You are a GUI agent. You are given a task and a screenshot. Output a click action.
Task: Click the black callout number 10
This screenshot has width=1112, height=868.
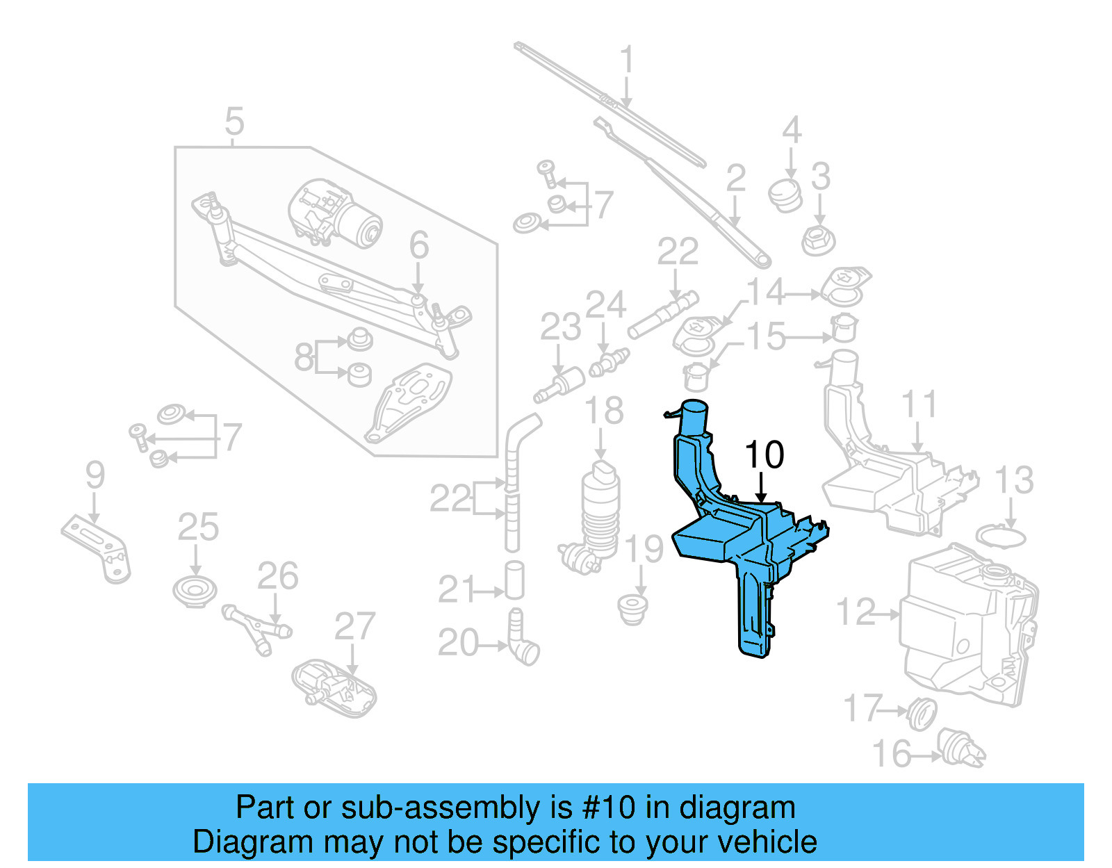click(764, 455)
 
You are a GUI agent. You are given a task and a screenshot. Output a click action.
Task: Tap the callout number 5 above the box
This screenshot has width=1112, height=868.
click(235, 122)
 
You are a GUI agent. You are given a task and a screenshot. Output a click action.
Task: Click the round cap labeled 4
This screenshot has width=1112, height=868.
click(785, 193)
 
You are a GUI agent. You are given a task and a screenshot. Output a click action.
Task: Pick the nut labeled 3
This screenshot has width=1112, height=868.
click(818, 240)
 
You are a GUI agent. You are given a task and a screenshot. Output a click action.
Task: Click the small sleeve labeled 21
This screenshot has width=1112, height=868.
click(514, 580)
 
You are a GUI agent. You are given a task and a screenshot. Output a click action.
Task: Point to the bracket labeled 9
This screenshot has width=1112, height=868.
click(97, 549)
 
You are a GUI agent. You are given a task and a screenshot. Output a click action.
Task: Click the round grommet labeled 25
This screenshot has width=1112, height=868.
click(195, 591)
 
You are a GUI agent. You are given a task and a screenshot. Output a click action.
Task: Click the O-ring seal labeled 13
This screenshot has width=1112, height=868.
click(1001, 537)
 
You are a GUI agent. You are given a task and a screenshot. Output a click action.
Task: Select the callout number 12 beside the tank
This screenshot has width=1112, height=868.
click(856, 613)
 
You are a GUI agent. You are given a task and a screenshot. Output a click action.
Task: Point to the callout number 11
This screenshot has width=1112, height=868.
click(919, 404)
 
